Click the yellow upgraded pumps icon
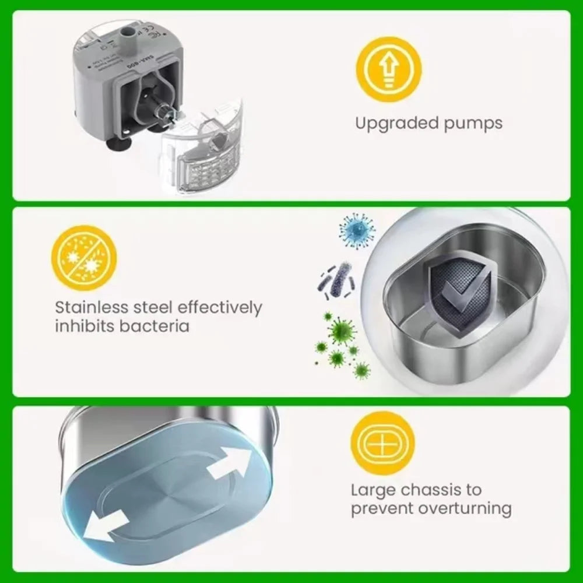point(388,69)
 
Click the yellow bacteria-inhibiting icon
point(84,258)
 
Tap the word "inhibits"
point(85,325)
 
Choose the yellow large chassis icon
point(383,442)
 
